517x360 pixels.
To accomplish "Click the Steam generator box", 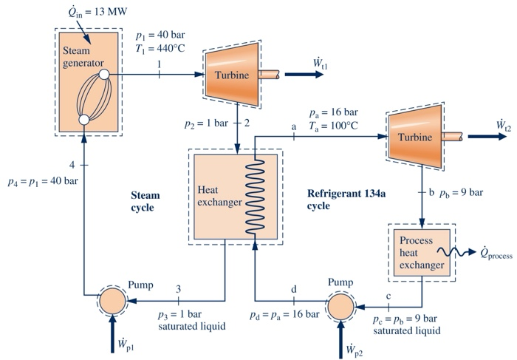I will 84,81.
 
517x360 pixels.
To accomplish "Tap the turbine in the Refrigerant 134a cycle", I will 417,137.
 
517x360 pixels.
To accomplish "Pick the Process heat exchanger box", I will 422,252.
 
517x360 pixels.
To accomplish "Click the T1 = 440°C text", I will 160,49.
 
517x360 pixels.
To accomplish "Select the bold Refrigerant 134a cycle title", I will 343,200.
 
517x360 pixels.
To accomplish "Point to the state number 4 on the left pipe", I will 72,163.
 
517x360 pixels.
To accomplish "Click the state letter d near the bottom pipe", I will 293,288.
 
